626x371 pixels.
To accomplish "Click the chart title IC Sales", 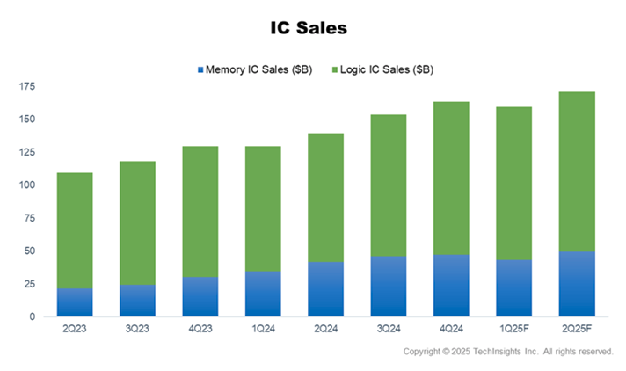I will tap(309, 28).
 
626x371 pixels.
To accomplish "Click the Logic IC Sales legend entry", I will tap(387, 69).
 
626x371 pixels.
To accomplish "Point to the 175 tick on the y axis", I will tap(25, 86).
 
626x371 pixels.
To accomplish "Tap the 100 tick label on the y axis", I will tap(25, 185).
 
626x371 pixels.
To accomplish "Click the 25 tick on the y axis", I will tap(29, 284).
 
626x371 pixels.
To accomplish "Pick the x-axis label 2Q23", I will tap(75, 329).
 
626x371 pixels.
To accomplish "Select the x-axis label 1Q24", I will tap(263, 329).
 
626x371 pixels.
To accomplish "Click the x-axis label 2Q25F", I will tap(577, 329).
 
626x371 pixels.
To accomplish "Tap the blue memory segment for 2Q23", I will tap(75, 302).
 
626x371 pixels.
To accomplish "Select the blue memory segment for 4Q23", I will tap(200, 296).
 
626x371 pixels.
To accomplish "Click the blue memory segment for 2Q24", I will tap(325, 289).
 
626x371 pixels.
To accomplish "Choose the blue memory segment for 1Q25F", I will tap(514, 287).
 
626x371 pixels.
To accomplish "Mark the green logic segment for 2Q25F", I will tap(577, 171).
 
